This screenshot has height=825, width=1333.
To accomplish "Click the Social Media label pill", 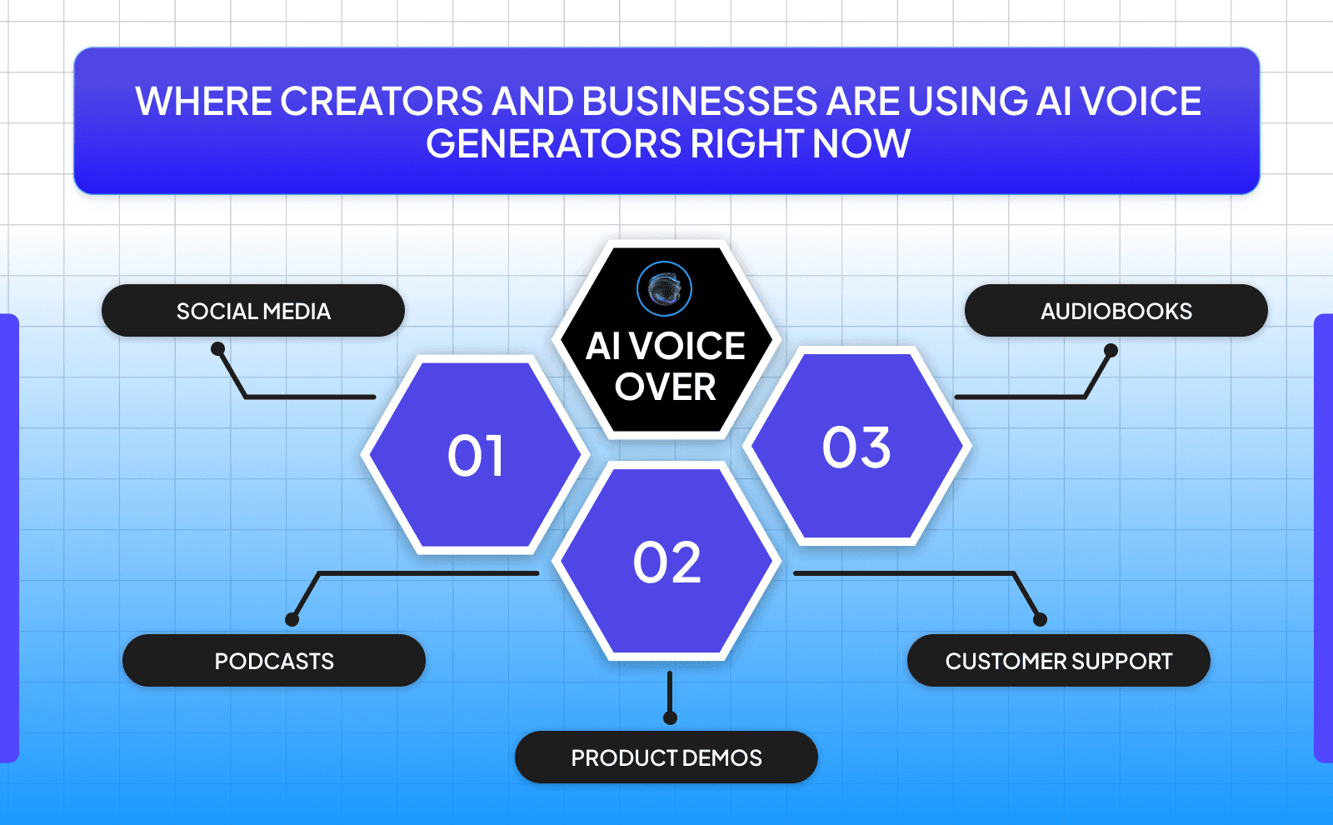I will tap(253, 311).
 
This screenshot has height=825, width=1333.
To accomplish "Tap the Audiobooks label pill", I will tap(1116, 311).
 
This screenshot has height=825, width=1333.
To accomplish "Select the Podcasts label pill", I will tap(274, 661).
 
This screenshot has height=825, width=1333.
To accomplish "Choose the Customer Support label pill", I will tap(1058, 661).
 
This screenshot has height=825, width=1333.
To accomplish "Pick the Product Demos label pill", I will tap(666, 757).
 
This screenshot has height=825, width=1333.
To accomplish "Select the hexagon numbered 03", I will tap(857, 447).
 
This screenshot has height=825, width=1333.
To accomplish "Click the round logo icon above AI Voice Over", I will tap(664, 288).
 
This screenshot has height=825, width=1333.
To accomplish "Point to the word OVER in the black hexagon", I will tap(666, 387).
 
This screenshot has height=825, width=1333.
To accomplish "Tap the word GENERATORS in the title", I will tap(554, 144).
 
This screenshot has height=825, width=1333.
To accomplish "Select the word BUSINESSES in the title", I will tap(698, 102).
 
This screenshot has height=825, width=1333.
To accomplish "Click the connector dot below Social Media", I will tap(218, 348).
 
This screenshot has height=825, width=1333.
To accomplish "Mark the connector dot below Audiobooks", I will tap(1111, 350).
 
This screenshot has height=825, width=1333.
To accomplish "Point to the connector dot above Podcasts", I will tap(292, 619).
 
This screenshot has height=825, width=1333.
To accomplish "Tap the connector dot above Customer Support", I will tap(1040, 619).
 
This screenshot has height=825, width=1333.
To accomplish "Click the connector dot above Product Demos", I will tap(670, 717).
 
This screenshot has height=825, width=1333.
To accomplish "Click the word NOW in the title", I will tap(861, 144).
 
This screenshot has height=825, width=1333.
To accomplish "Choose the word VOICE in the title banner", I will tap(1141, 102).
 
